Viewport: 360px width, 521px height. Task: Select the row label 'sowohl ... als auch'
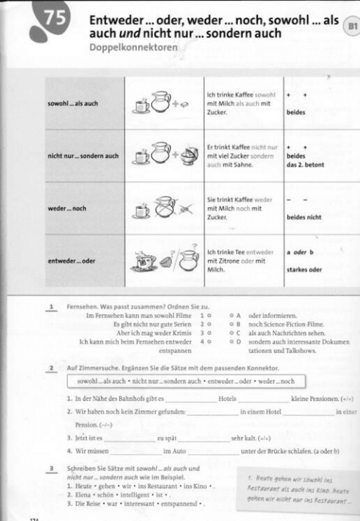click(x=72, y=103)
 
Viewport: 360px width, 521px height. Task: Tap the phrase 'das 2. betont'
click(x=305, y=165)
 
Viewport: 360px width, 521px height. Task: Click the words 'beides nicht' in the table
click(x=303, y=217)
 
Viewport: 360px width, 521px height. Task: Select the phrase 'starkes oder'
click(x=303, y=269)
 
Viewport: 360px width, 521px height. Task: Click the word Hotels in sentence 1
click(x=227, y=398)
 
